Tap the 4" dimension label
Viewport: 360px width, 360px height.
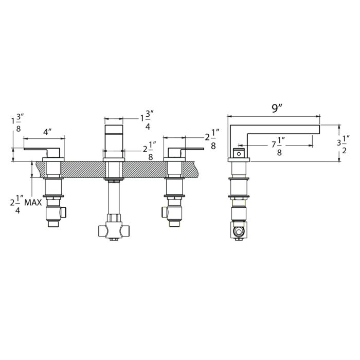47,132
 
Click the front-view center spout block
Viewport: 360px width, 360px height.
114,135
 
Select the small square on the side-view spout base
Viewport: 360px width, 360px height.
238,153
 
